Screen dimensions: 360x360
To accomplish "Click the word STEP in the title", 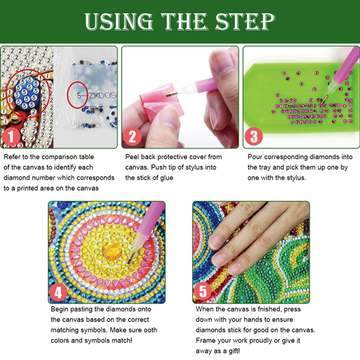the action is coord(245,21).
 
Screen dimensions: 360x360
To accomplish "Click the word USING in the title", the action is coord(119,22).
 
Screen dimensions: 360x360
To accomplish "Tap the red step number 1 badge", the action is coord(11,137).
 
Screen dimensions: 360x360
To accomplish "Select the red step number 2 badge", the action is coord(132,137).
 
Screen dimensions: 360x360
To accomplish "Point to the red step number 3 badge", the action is coord(253,136).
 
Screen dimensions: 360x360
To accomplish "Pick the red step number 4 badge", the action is coord(58,292).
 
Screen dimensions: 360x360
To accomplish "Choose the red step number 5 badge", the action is coord(203,292).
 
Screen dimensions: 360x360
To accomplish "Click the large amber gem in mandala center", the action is coord(112,251).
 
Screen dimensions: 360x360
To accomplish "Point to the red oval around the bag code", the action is coord(77,95).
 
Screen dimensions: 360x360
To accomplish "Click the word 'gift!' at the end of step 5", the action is coord(234,351).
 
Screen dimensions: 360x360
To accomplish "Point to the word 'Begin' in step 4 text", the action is coord(59,309).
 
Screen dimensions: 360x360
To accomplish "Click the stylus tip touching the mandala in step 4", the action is coord(129,262).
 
